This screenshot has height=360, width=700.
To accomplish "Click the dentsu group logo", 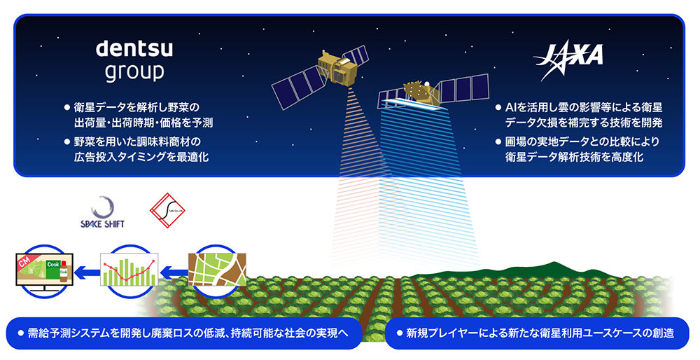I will tap(134, 60).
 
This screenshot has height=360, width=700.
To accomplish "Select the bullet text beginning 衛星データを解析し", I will tap(136, 115).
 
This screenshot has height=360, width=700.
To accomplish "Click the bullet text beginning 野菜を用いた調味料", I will tap(136, 149).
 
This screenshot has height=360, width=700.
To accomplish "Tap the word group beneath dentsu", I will tap(134, 72).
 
